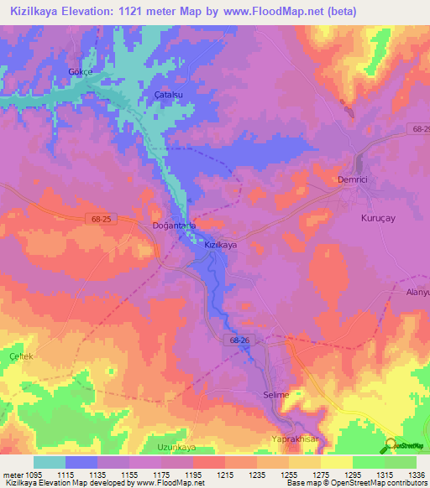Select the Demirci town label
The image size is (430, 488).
(x=341, y=181)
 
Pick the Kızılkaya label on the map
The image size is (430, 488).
(x=222, y=245)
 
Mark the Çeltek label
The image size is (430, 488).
(x=20, y=356)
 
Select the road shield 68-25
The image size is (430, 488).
(x=100, y=219)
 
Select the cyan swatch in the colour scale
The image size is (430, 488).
(x=50, y=462)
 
